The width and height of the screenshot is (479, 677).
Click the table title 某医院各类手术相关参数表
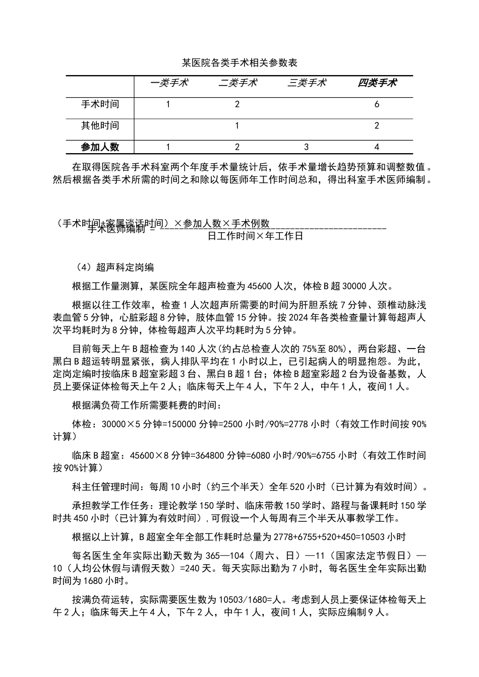[x=239, y=63]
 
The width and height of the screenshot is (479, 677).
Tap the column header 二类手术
[x=237, y=83]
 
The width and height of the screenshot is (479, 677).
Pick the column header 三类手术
[x=307, y=83]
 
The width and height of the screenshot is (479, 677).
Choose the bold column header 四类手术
[x=377, y=83]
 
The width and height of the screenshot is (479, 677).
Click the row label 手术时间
[x=100, y=104]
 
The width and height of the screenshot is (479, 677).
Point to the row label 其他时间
[x=100, y=125]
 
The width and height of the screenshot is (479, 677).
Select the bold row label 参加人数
[x=100, y=147]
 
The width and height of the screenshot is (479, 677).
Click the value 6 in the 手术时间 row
[x=377, y=105]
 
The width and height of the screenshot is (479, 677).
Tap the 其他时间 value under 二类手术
[x=237, y=126]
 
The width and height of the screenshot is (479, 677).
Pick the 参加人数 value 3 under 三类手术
[x=307, y=147]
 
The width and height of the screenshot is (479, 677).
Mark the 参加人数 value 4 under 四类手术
[x=377, y=147]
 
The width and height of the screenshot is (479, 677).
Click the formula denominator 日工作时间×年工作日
[x=255, y=236]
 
